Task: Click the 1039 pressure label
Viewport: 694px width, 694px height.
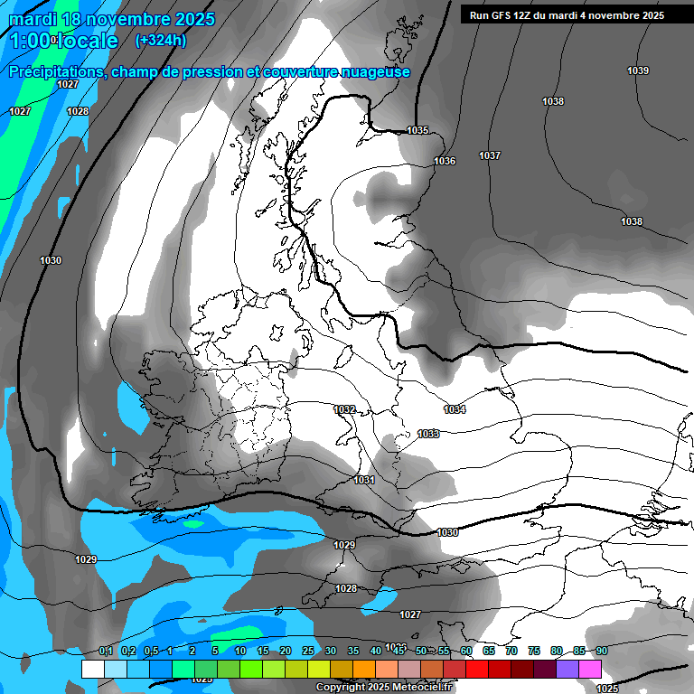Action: (638, 70)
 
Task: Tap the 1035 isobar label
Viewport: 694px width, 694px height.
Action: (417, 130)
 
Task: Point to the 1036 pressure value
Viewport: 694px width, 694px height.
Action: (445, 161)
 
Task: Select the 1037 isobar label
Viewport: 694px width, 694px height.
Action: (490, 155)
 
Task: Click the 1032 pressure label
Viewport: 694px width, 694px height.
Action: (344, 409)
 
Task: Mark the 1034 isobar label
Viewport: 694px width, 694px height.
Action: (455, 409)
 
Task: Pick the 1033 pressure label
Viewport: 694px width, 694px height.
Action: (428, 434)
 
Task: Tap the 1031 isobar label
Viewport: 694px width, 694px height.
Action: (364, 479)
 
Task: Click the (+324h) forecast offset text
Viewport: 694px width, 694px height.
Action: (161, 40)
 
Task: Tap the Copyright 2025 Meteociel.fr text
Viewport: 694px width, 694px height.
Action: (384, 688)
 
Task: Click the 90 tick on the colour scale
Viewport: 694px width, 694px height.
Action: (601, 651)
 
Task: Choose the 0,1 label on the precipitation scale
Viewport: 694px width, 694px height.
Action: (106, 651)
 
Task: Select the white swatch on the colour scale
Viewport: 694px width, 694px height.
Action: (92, 669)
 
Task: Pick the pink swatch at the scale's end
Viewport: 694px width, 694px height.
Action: (590, 669)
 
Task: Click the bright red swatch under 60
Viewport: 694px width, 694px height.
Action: (477, 669)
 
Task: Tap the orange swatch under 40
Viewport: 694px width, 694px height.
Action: (364, 669)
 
